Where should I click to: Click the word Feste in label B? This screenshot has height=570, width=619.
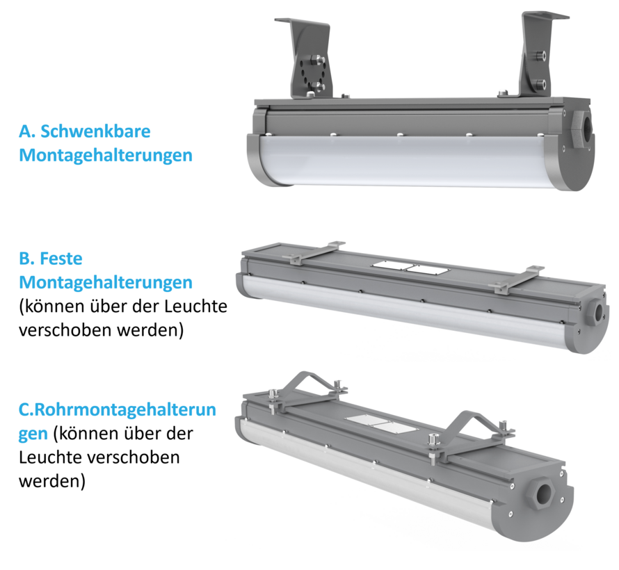[x=61, y=259]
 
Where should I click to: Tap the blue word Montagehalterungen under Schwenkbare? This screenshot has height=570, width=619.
[x=105, y=155]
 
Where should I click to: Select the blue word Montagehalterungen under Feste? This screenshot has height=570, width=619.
[x=105, y=282]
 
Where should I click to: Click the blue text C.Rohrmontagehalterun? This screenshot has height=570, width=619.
[x=117, y=409]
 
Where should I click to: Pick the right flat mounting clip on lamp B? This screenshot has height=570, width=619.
[x=518, y=277]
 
